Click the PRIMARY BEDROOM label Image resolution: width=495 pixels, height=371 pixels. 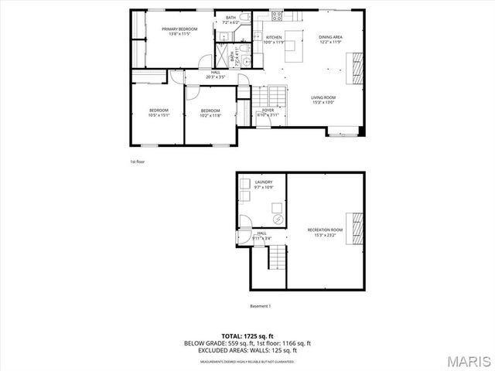pos(179,29)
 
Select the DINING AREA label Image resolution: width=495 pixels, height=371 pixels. pos(330,37)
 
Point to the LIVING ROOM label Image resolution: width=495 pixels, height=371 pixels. pos(322,97)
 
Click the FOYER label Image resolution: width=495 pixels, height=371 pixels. pos(268,111)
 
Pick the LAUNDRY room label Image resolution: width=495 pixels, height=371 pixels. pos(264,182)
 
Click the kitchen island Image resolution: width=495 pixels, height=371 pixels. pos(293,50)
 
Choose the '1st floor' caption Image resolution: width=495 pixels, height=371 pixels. pos(137,162)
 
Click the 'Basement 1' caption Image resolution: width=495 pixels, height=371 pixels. pos(260,306)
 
